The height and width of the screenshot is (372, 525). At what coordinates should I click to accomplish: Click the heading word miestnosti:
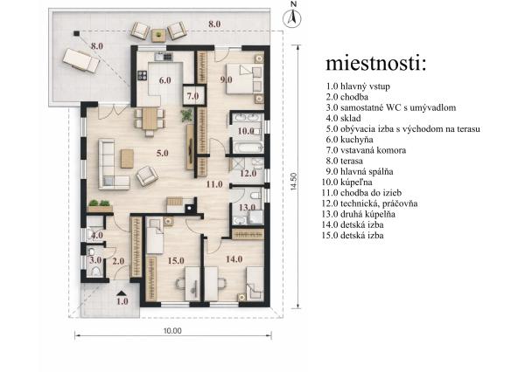(376, 64)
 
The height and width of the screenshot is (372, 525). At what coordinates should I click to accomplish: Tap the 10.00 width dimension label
(171, 331)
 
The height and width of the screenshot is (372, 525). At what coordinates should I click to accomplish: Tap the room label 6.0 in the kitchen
(164, 79)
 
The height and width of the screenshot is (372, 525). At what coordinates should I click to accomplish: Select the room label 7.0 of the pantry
(192, 94)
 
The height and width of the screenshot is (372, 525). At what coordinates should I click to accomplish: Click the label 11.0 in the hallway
(214, 184)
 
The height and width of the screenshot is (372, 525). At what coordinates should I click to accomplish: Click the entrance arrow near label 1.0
(122, 292)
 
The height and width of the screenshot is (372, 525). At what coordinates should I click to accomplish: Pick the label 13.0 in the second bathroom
(247, 207)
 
